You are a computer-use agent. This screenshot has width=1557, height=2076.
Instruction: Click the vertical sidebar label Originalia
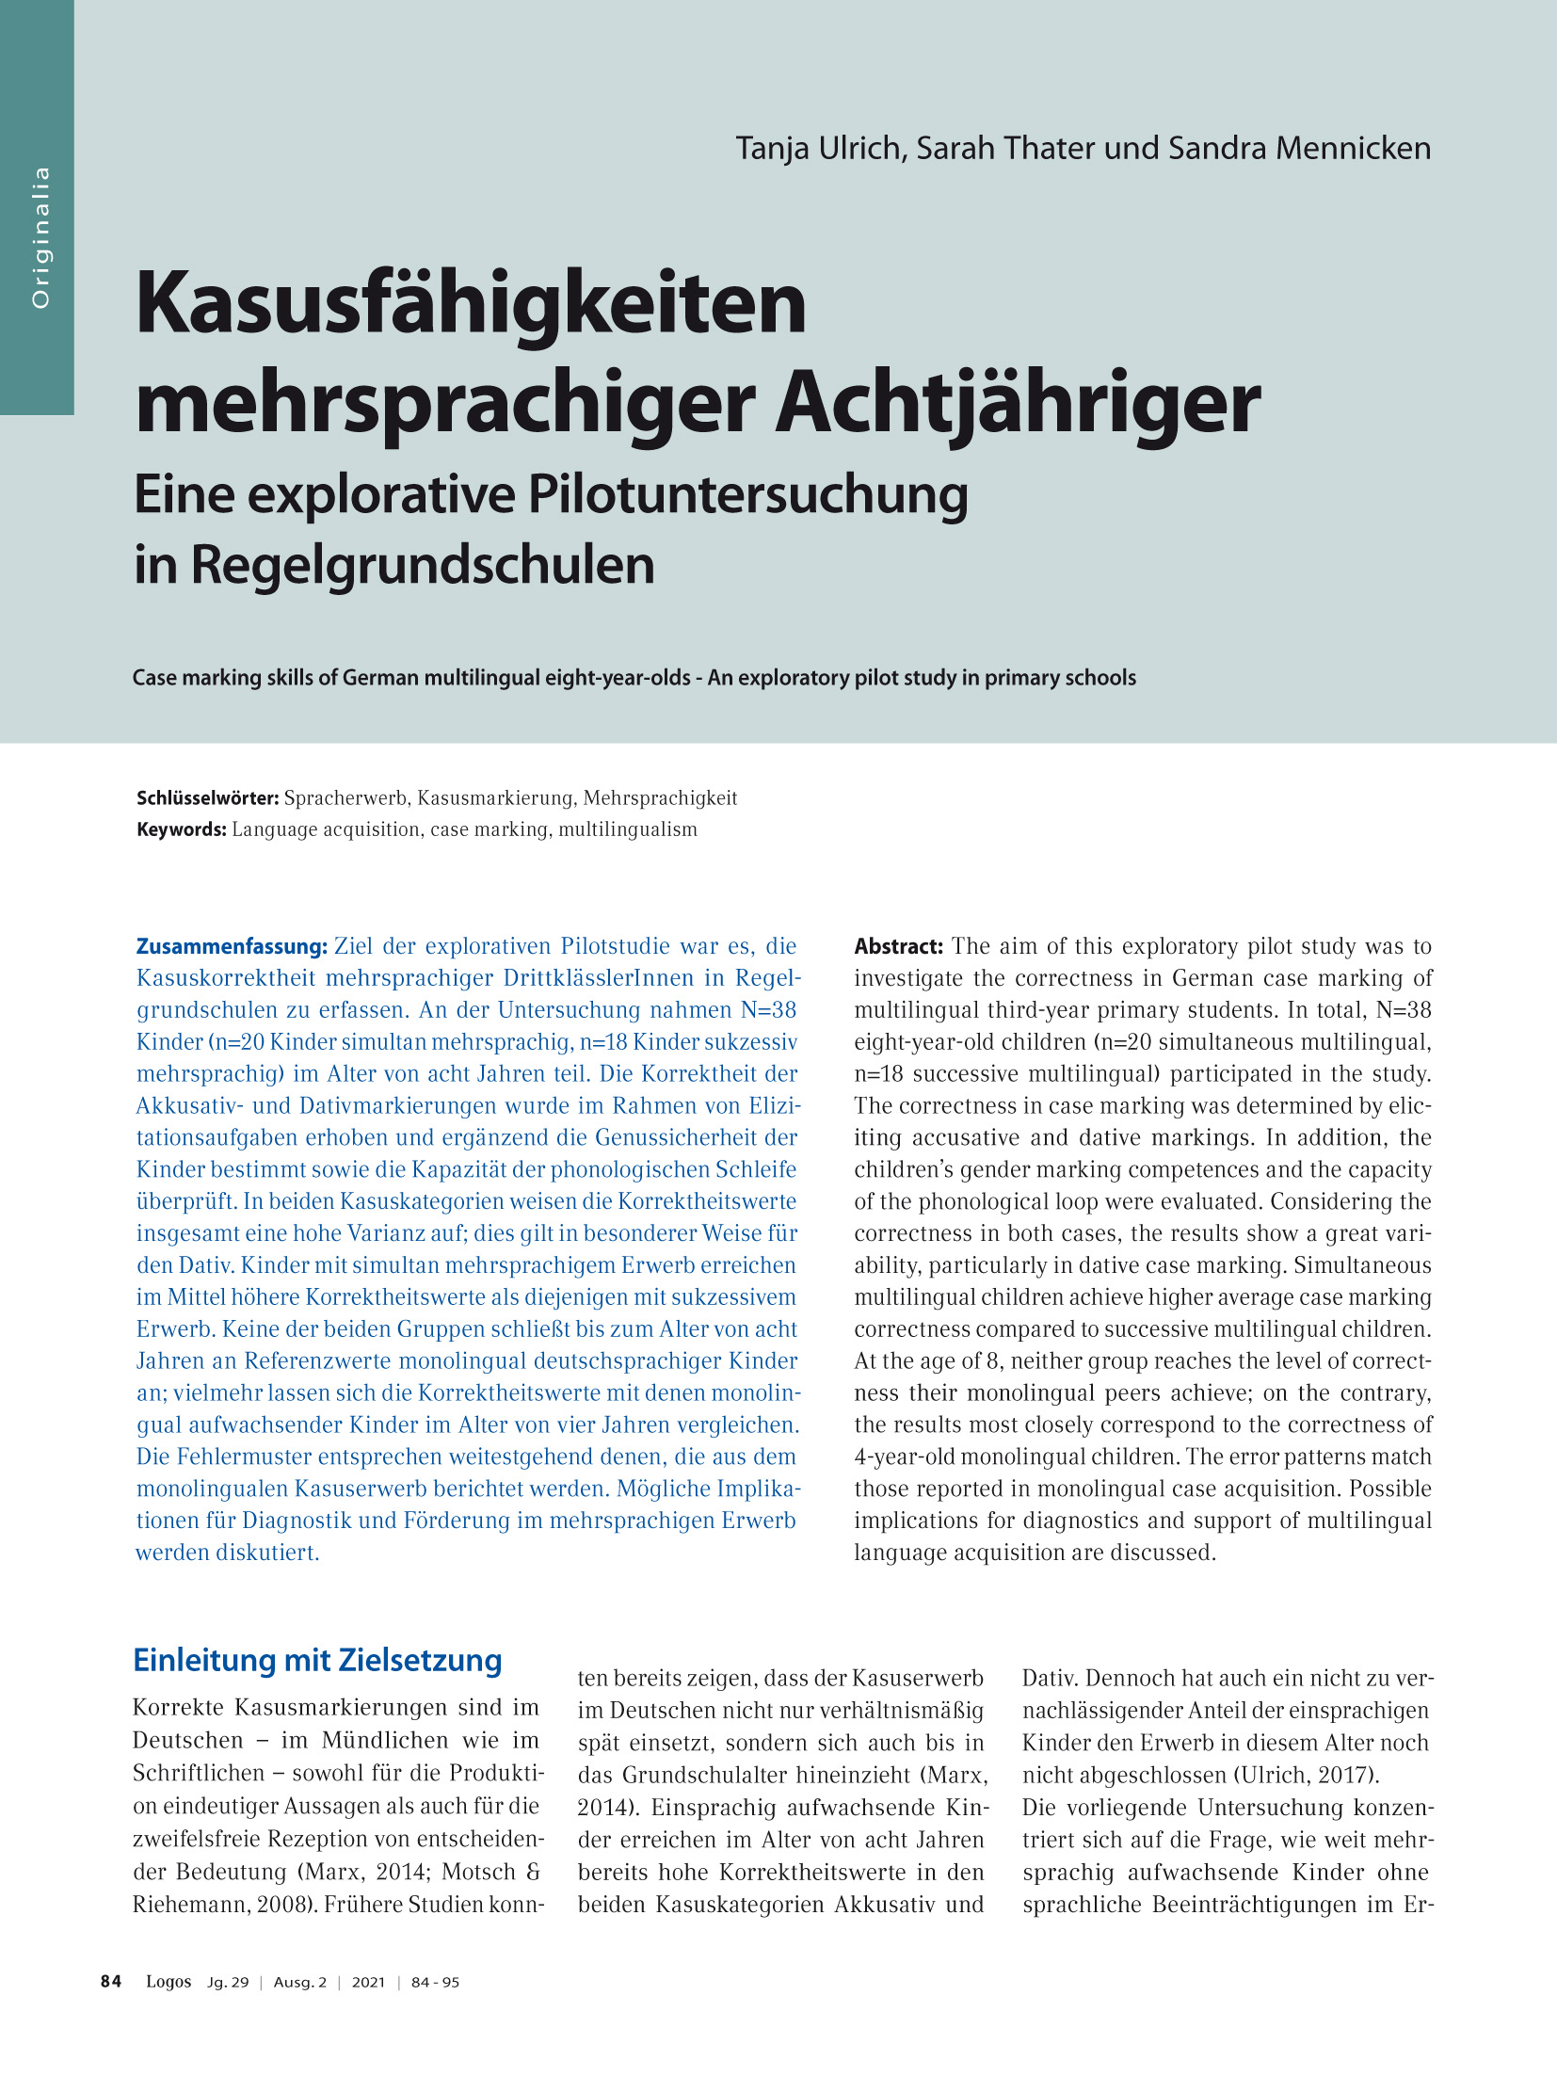click(40, 237)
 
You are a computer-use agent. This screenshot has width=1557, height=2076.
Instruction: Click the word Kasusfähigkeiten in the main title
click(471, 304)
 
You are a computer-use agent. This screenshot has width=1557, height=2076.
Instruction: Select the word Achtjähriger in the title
click(1017, 403)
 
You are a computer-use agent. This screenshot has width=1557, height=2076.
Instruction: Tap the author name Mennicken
click(1353, 149)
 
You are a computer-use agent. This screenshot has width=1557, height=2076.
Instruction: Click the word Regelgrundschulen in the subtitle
click(423, 566)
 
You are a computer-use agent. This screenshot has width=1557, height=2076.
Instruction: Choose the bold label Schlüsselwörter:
click(207, 798)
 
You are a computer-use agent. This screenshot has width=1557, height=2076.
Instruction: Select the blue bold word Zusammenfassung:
click(232, 946)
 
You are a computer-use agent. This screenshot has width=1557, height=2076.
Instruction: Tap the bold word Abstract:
click(898, 946)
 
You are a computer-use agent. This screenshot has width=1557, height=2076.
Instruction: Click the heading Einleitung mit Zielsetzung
click(317, 1660)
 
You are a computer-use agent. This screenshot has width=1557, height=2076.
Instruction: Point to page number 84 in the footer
click(111, 1981)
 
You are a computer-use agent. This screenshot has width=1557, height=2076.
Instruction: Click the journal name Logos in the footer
click(169, 1981)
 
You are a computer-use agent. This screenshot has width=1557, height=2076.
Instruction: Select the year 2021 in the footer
click(368, 1982)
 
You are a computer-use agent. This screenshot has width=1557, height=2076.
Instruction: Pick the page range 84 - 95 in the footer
click(435, 1982)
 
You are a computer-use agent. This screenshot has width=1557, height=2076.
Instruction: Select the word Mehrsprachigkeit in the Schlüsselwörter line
click(660, 798)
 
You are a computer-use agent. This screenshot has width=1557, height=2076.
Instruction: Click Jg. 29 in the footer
click(228, 1982)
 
